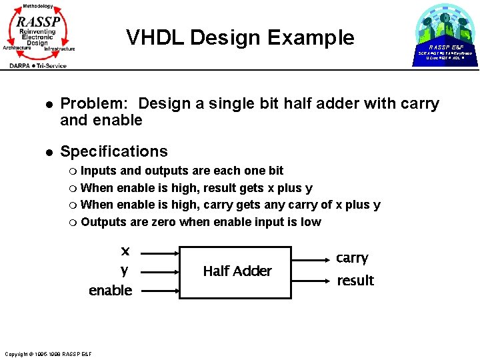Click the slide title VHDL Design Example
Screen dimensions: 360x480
point(240,37)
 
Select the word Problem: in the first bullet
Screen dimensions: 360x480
point(97,104)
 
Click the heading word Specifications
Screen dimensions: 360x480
point(114,151)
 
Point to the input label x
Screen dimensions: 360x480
point(125,251)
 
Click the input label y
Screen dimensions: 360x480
point(124,270)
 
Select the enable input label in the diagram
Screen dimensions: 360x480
point(111,291)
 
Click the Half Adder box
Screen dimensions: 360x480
point(237,271)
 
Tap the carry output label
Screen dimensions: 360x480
point(352,258)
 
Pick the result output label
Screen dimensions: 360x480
point(355,281)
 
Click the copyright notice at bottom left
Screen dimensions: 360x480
point(47,353)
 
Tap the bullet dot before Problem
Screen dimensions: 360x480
point(49,105)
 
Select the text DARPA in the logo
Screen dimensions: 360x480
point(23,65)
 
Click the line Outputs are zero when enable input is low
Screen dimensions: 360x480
point(201,222)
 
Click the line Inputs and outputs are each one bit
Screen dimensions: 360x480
point(181,170)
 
